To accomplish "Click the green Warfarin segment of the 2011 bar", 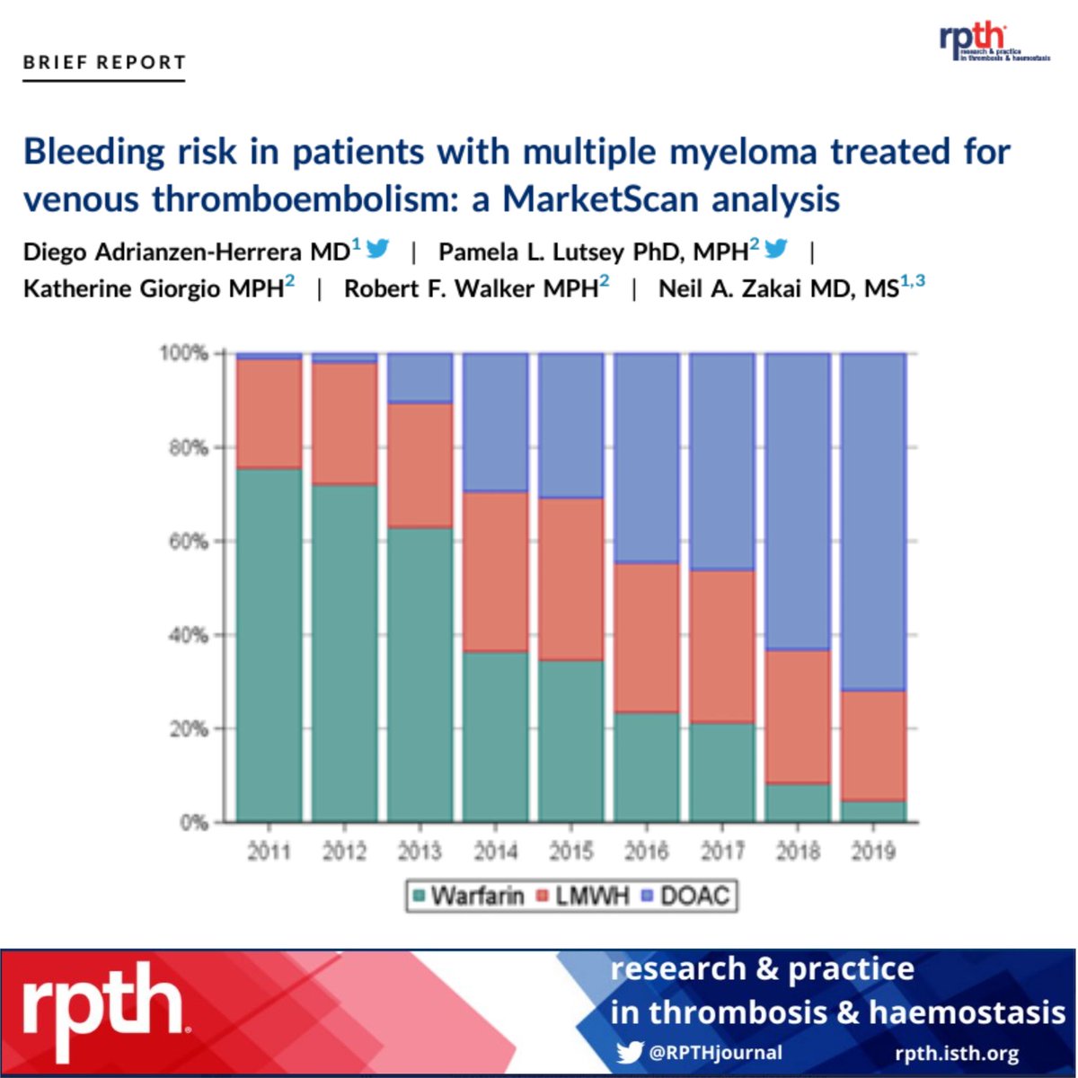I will (x=269, y=645).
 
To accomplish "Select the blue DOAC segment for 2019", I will (x=873, y=521).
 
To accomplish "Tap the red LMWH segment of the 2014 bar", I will (x=496, y=571).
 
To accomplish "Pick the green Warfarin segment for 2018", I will (x=798, y=802).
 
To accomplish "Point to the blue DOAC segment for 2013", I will (x=420, y=377).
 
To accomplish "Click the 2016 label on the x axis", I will (x=647, y=850).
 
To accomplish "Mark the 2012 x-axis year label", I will (x=345, y=850).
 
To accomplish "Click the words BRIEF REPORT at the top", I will (x=104, y=63).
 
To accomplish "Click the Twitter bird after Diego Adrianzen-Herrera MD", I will (x=378, y=249).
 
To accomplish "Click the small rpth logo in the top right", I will (x=993, y=42).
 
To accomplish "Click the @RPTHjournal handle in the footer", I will (x=715, y=1053).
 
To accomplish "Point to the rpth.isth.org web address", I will (x=957, y=1053).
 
